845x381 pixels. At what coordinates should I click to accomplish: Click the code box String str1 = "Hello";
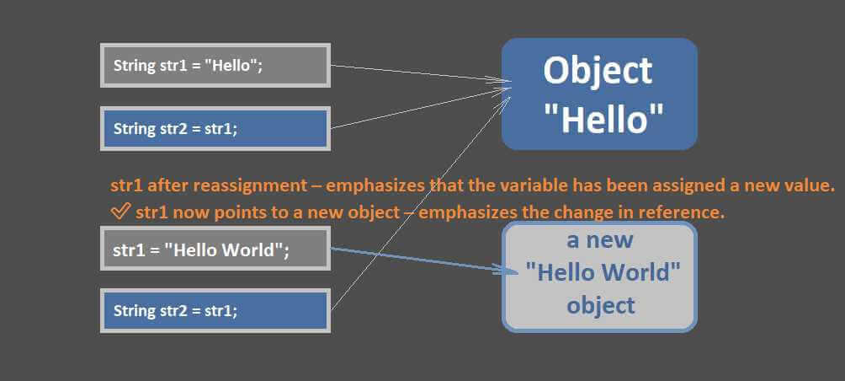[x=215, y=65]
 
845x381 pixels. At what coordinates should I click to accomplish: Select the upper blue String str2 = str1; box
[x=215, y=129]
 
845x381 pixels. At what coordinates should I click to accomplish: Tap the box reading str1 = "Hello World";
[x=215, y=249]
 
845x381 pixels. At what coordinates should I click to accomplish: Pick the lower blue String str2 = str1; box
[x=215, y=311]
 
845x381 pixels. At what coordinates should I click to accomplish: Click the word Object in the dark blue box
[x=598, y=72]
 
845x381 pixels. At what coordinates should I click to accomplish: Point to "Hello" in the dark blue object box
[x=603, y=118]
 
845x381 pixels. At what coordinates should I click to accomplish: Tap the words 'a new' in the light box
[x=600, y=239]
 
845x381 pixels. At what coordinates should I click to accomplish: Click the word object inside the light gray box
[x=600, y=305]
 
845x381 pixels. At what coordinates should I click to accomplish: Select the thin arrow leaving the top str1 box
[x=420, y=74]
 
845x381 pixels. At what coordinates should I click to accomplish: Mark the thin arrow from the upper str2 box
[x=420, y=109]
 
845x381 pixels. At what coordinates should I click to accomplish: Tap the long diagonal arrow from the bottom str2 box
[x=420, y=203]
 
